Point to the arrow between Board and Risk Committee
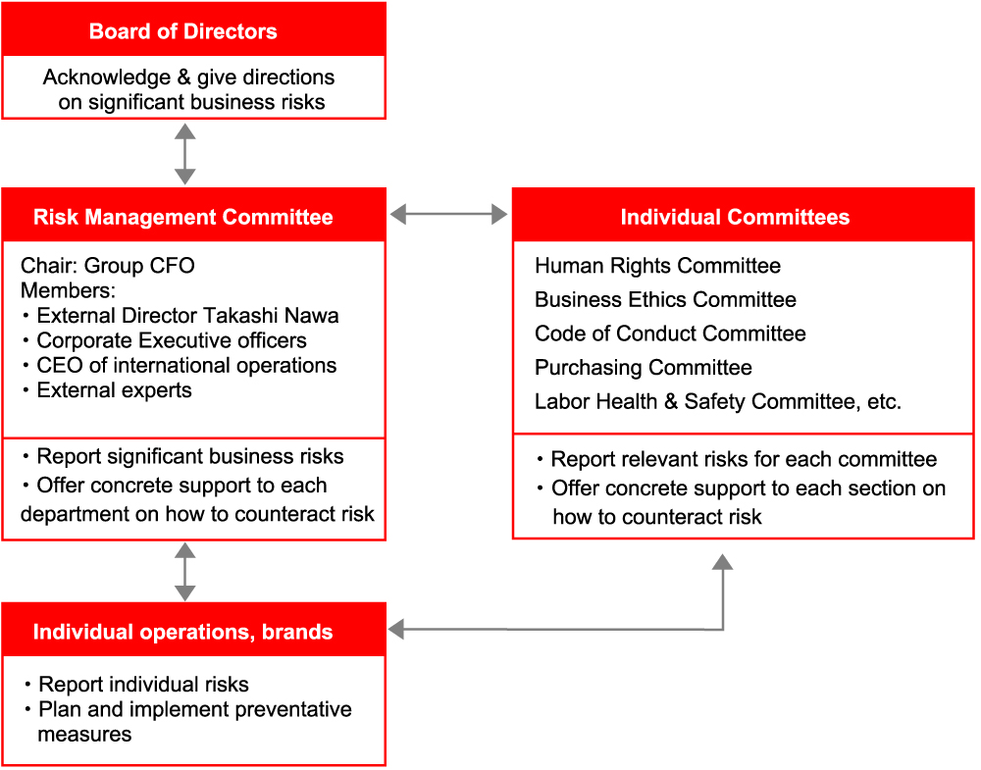(184, 154)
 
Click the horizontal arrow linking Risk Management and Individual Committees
(448, 215)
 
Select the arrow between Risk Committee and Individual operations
(184, 572)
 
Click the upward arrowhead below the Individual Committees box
(723, 562)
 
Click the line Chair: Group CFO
(108, 265)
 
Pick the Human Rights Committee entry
(657, 265)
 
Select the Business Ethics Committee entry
(665, 299)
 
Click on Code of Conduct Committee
(670, 333)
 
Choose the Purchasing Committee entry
(644, 367)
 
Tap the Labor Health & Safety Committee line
(718, 401)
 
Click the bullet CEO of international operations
(180, 365)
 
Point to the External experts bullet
(107, 390)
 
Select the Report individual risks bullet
(135, 685)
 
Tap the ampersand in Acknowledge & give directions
(183, 77)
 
